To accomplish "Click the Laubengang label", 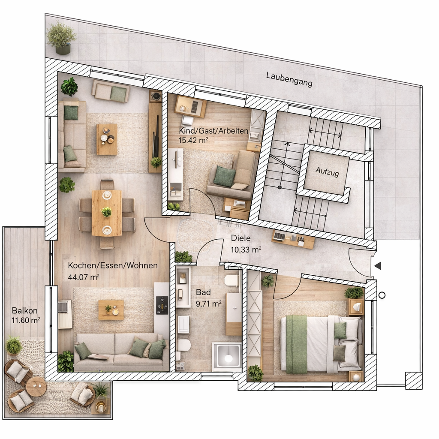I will (x=289, y=79).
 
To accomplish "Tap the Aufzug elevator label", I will (x=327, y=172).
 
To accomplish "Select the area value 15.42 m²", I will (x=193, y=140).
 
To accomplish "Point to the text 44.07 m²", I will (x=84, y=277).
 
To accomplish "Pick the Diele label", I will (x=241, y=239).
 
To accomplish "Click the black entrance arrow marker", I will (x=378, y=266).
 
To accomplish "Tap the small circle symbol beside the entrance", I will (x=382, y=295).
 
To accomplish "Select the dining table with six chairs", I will (x=107, y=213).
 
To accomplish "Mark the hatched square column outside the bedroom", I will (x=414, y=380).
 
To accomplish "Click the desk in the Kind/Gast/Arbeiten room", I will (x=190, y=106).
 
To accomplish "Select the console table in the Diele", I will (x=293, y=239).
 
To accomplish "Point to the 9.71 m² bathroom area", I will (x=208, y=304).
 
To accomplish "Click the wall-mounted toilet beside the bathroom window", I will (x=184, y=345).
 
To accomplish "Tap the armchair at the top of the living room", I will (x=111, y=92).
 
